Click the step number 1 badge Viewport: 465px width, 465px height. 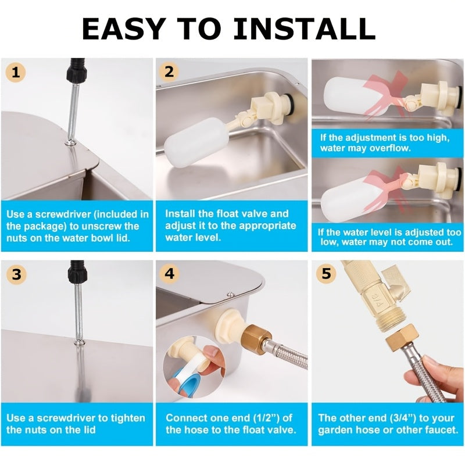[x=16, y=73]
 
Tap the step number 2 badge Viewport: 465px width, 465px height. [x=169, y=72]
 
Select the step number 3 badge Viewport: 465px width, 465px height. [x=16, y=274]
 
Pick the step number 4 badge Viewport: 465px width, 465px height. [x=169, y=273]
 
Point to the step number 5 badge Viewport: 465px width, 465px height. [x=326, y=273]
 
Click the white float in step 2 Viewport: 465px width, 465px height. [x=196, y=142]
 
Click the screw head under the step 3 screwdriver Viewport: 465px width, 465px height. [x=79, y=343]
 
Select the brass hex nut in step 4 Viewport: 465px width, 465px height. [x=256, y=339]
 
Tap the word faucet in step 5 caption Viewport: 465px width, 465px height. [x=443, y=430]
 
